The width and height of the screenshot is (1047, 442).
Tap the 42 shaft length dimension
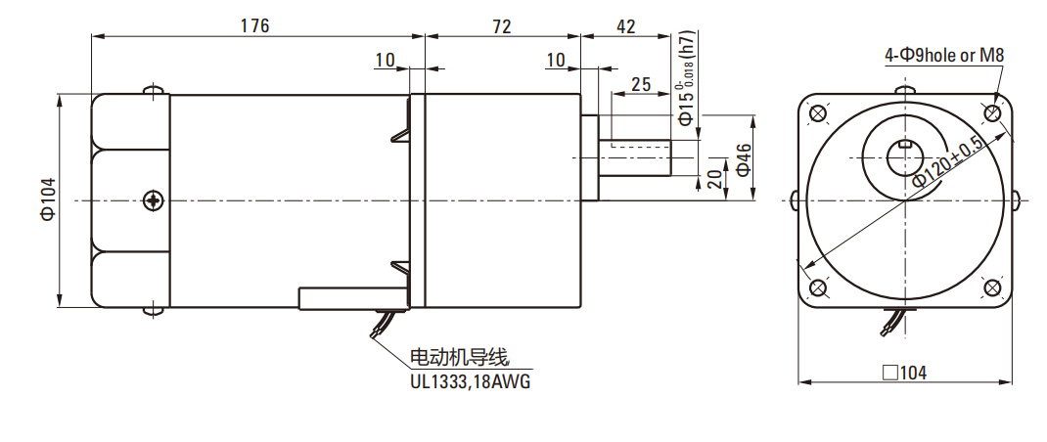pyautogui.click(x=626, y=26)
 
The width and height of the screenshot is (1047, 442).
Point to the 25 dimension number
pyautogui.click(x=642, y=84)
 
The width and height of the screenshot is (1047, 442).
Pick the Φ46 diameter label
pyautogui.click(x=743, y=159)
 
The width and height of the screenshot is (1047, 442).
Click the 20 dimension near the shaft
pyautogui.click(x=712, y=178)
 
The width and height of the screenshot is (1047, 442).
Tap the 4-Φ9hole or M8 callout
pyautogui.click(x=944, y=56)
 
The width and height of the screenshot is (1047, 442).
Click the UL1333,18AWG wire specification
pyautogui.click(x=470, y=381)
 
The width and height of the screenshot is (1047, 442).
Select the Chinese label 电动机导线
pyautogui.click(x=460, y=357)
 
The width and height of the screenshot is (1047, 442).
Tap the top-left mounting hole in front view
pyautogui.click(x=818, y=112)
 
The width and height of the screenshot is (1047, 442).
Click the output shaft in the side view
pyautogui.click(x=636, y=156)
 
